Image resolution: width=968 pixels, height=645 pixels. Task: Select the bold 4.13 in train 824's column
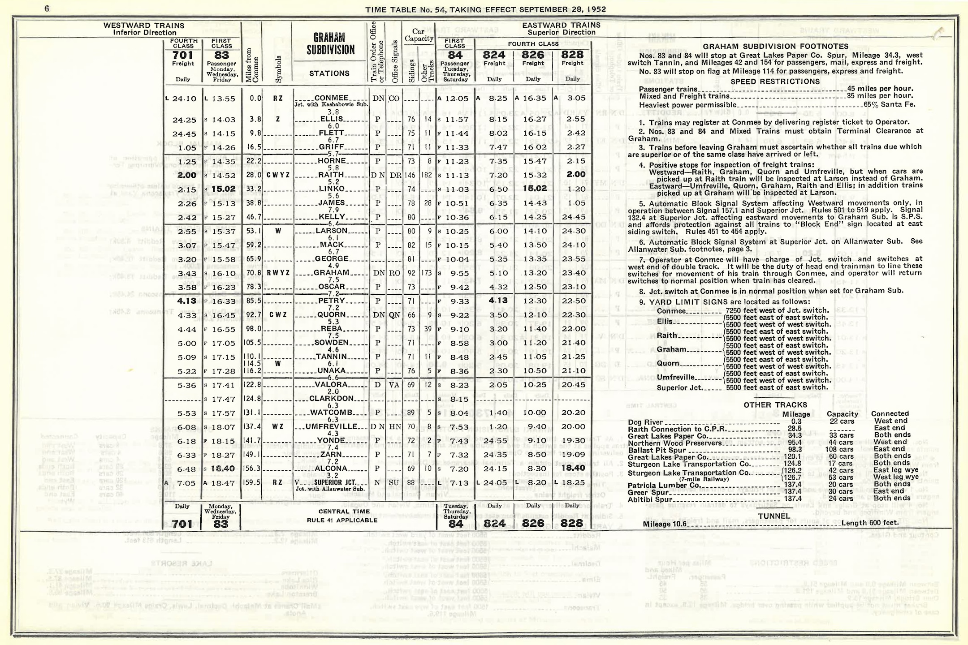[x=498, y=301]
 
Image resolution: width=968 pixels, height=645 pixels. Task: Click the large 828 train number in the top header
[x=572, y=55]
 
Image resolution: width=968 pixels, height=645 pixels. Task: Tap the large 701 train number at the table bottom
[x=183, y=524]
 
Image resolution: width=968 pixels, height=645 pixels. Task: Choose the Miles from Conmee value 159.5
[x=255, y=483]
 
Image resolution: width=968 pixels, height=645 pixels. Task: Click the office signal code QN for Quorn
[x=394, y=315]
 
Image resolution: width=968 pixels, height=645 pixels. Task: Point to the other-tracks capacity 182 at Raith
[x=427, y=175]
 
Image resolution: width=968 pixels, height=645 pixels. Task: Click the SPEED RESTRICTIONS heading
[x=775, y=82]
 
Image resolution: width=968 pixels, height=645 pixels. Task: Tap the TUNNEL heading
[x=774, y=516]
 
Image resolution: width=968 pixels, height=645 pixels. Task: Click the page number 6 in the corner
[x=47, y=8]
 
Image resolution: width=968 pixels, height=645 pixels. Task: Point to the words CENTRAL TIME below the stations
[x=344, y=511]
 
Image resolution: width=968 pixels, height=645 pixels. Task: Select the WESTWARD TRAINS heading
[x=144, y=26]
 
